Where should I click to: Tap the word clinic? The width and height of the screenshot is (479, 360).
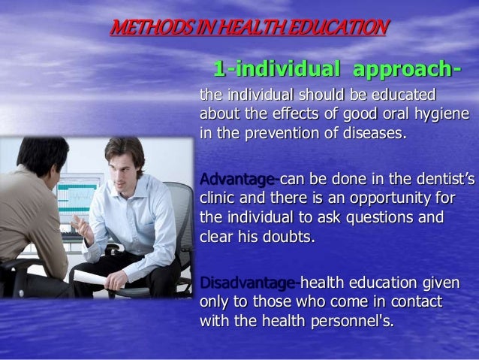[x=217, y=198]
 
